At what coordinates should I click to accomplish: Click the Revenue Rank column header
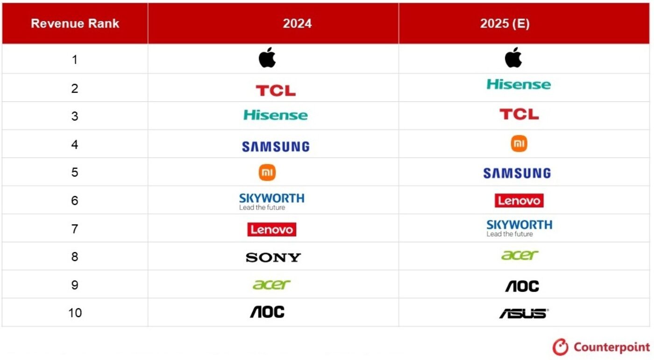(75, 23)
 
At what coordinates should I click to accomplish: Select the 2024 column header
(297, 23)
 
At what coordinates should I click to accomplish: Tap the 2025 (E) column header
(505, 23)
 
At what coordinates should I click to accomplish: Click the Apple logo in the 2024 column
(267, 57)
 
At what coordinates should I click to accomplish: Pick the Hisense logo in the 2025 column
(519, 85)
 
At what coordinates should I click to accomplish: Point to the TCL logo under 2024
(276, 91)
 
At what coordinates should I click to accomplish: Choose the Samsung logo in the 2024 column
(276, 147)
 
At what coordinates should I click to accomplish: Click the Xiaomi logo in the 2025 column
(519, 143)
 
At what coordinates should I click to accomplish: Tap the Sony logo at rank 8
(273, 257)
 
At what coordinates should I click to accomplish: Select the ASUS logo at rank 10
(524, 314)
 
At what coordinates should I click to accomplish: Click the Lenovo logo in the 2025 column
(519, 200)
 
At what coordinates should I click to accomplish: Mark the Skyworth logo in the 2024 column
(271, 202)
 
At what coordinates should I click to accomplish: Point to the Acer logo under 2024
(271, 284)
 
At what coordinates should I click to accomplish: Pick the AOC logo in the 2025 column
(522, 286)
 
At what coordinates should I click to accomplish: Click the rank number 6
(75, 201)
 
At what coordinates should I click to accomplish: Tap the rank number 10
(75, 313)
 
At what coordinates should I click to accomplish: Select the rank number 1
(75, 60)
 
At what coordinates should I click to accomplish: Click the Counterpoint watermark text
(611, 347)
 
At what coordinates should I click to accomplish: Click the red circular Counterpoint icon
(560, 347)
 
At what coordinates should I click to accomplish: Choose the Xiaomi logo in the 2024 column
(267, 172)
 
